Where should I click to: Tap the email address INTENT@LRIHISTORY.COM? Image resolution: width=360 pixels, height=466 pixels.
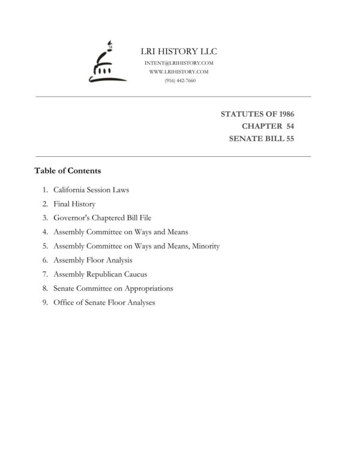pyautogui.click(x=179, y=63)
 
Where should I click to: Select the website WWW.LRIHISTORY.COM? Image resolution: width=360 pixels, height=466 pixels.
pyautogui.click(x=179, y=72)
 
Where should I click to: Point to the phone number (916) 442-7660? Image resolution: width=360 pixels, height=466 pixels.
pyautogui.click(x=179, y=80)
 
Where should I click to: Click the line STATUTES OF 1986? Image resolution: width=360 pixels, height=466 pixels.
pyautogui.click(x=257, y=113)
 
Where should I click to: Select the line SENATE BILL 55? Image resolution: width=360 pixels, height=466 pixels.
pyautogui.click(x=262, y=139)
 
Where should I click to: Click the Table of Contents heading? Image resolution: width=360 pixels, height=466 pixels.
pyautogui.click(x=67, y=171)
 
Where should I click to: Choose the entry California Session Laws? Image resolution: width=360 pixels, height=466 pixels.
pyautogui.click(x=91, y=190)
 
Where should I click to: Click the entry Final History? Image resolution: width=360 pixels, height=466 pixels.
pyautogui.click(x=74, y=204)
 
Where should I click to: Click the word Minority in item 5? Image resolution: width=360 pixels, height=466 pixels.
pyautogui.click(x=205, y=246)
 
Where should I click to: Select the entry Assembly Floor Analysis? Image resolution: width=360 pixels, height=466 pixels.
pyautogui.click(x=92, y=260)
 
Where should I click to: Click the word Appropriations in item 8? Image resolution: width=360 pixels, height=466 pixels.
pyautogui.click(x=145, y=288)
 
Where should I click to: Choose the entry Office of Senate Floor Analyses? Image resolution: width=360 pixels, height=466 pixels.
pyautogui.click(x=104, y=303)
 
